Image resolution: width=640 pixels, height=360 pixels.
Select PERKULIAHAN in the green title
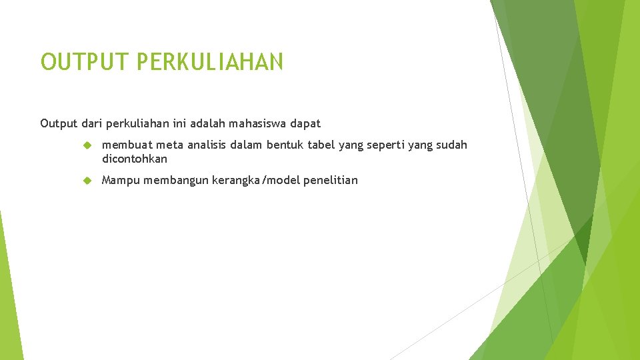[x=210, y=61]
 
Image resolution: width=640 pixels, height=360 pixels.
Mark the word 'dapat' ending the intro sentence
[x=306, y=123]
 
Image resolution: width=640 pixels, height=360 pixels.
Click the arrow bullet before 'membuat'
[x=86, y=145]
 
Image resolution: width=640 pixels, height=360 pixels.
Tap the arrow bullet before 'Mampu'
[x=86, y=180]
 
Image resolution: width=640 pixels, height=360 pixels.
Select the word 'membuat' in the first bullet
[x=126, y=145]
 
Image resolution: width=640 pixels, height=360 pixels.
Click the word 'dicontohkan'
[x=135, y=159]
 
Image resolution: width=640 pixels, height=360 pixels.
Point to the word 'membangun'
[x=175, y=180]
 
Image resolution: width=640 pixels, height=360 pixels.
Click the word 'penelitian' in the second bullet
[x=330, y=180]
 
